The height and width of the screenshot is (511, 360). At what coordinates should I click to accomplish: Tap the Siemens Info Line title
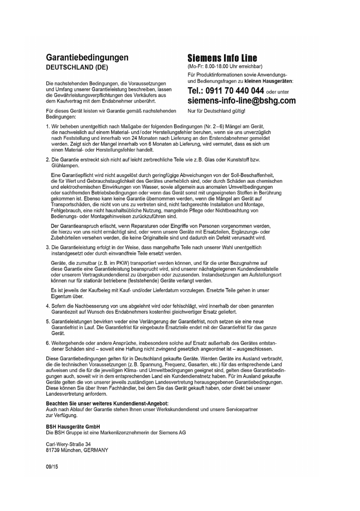click(x=222, y=58)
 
